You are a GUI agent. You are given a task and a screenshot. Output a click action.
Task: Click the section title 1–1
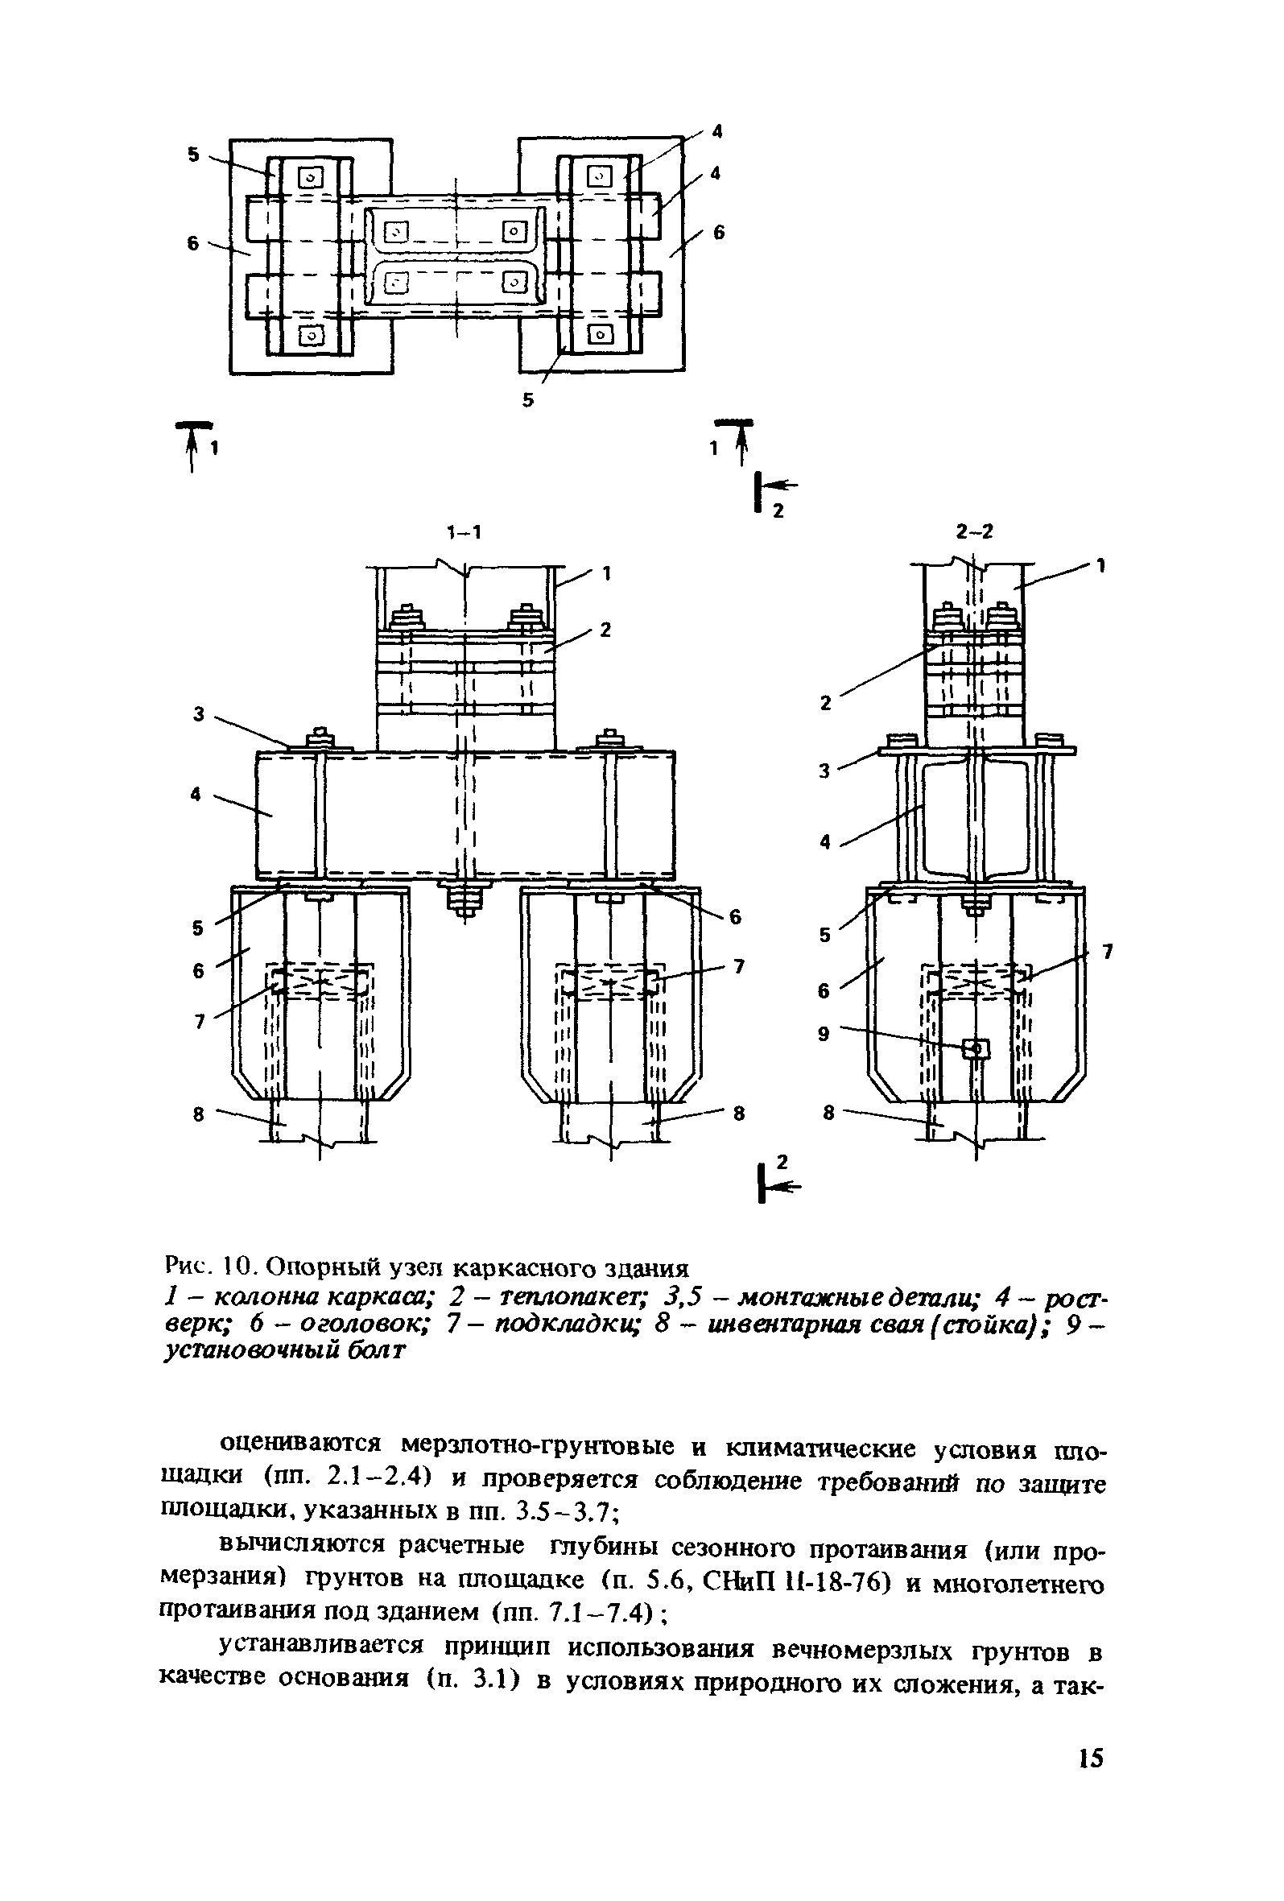[x=464, y=532]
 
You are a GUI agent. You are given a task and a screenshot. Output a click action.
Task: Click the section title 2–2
[x=974, y=531]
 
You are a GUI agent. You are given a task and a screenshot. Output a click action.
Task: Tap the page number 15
[x=1091, y=1757]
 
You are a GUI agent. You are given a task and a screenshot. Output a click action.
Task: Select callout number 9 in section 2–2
[x=824, y=1034]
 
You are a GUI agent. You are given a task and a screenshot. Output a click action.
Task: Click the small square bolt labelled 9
[x=976, y=1048]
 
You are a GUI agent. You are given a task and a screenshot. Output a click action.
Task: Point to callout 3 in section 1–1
[x=198, y=713]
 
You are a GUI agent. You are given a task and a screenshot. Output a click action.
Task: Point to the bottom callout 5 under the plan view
[x=527, y=400]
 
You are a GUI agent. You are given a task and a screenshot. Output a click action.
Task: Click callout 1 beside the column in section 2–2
[x=1101, y=564]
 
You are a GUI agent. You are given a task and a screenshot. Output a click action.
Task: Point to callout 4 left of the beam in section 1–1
[x=196, y=793]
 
